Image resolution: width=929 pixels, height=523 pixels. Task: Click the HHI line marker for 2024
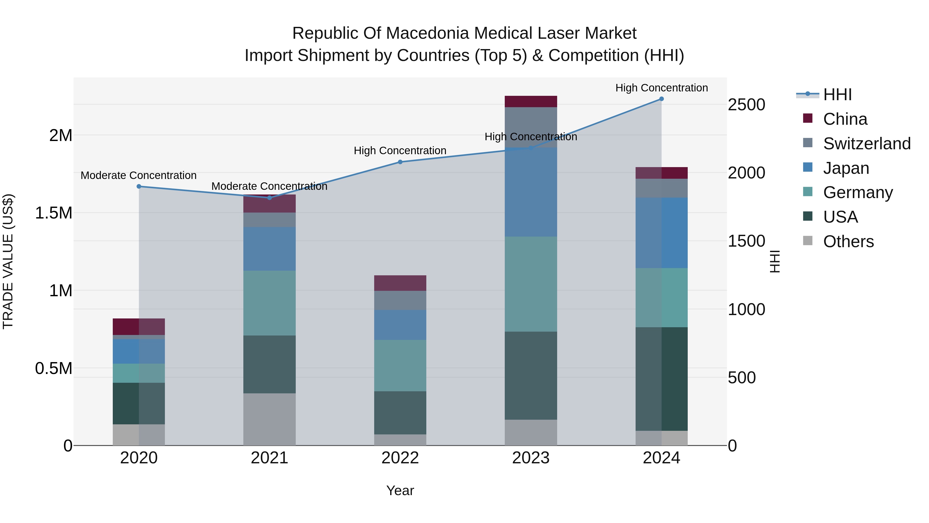coord(661,99)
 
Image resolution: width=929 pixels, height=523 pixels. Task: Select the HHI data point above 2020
coord(139,186)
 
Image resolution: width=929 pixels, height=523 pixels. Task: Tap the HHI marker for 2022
coord(400,162)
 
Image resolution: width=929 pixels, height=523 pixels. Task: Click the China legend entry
coord(845,119)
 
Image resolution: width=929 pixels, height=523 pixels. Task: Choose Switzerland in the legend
coord(867,144)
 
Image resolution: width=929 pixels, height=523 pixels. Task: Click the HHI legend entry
coord(837,95)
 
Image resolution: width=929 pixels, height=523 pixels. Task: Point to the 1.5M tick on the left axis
coord(54,213)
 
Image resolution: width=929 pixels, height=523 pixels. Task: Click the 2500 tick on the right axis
coord(746,105)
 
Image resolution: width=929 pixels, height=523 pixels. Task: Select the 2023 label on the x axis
coord(531,458)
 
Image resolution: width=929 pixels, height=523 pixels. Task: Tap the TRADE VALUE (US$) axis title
coord(8,261)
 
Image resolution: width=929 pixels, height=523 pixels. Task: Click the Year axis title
coord(400,490)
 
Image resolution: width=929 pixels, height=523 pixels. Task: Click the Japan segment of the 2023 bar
coord(531,192)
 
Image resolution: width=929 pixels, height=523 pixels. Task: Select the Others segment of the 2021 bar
coord(269,419)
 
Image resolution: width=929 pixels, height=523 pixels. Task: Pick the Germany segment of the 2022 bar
coord(400,365)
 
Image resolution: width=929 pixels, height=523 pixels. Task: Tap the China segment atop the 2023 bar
coord(531,102)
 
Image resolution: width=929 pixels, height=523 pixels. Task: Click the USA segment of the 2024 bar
coord(661,379)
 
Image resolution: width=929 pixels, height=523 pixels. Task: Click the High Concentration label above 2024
coord(661,88)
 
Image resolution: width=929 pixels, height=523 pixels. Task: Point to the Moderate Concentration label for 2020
coord(139,175)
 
